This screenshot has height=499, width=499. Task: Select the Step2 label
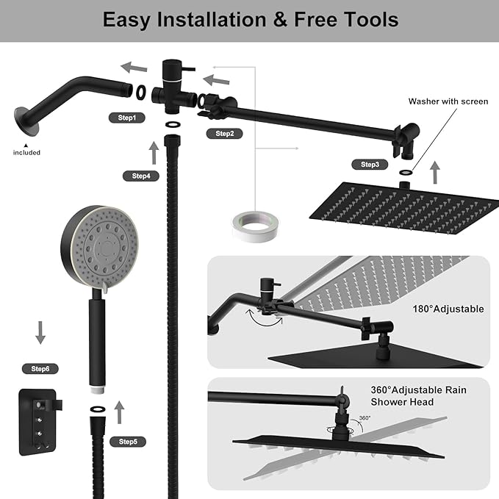[x=225, y=133]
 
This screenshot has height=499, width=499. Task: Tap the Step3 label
[x=370, y=164]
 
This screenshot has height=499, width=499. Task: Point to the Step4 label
[x=141, y=176]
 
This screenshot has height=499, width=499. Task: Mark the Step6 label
[x=40, y=367]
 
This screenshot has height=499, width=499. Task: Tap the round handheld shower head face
[x=99, y=242]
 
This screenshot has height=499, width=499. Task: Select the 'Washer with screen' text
[x=448, y=101]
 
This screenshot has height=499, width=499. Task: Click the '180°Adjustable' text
[x=448, y=309]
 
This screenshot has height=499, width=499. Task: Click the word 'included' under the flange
[x=26, y=152]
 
